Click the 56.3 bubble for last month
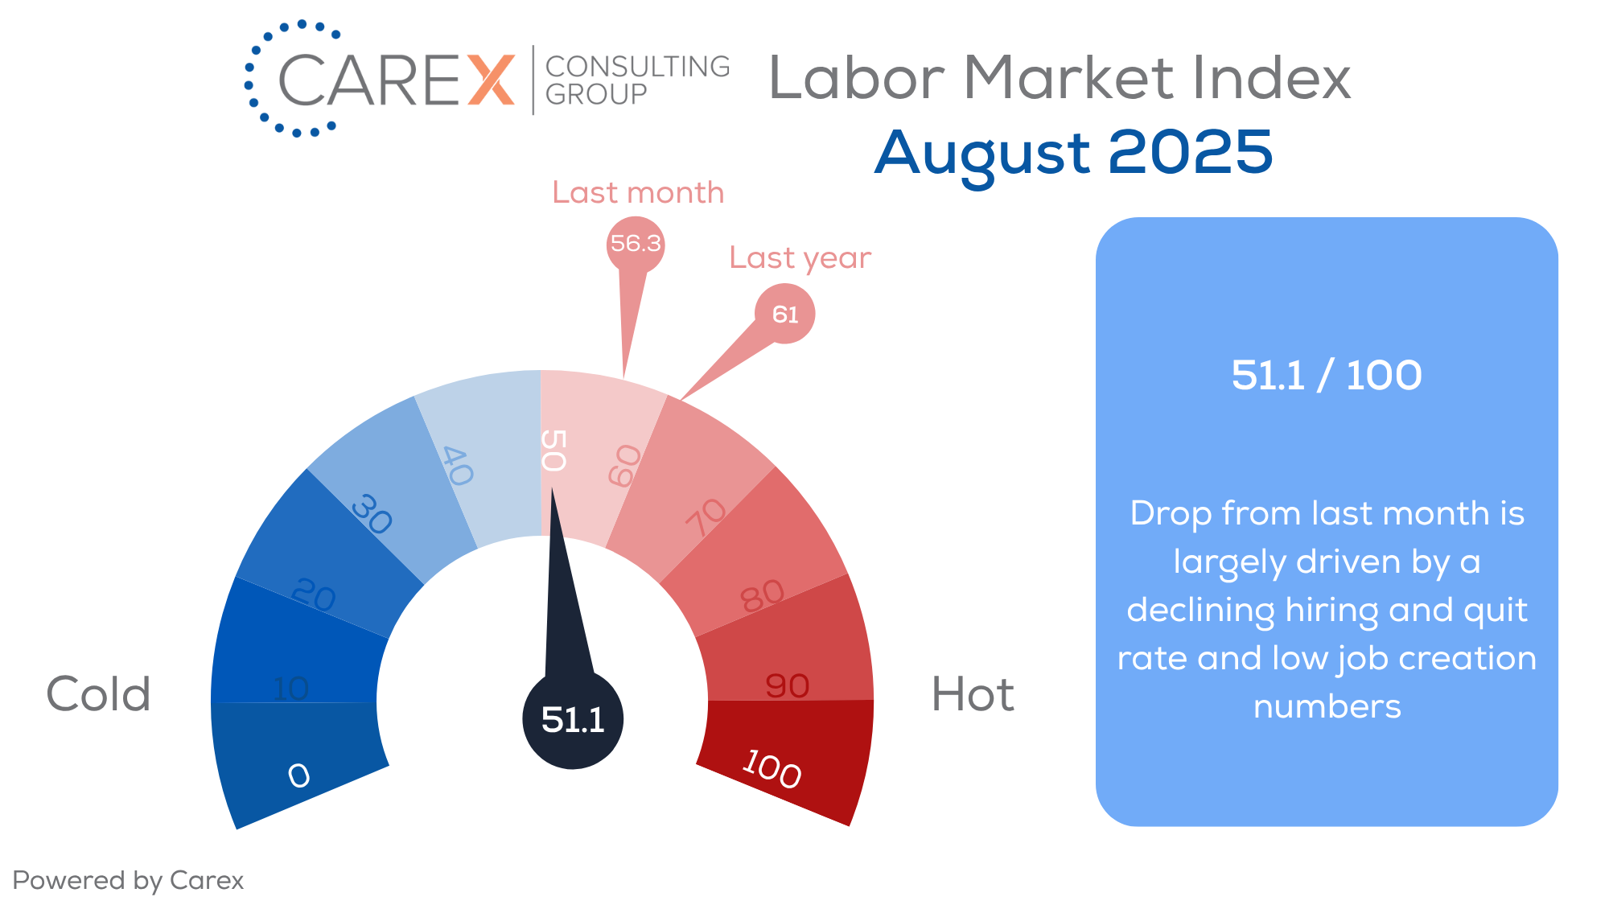point(636,244)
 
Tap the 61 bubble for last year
point(785,314)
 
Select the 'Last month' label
point(638,193)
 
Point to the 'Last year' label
point(800,258)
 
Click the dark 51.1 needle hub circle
point(573,719)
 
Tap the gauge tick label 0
point(298,775)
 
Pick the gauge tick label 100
point(772,768)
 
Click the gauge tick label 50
point(553,450)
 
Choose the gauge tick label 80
point(762,596)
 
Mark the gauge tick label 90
point(788,686)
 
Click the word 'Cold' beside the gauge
point(99,693)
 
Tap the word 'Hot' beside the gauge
point(973,693)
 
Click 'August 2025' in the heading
point(1074,153)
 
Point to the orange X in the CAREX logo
point(491,80)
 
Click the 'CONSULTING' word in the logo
point(638,66)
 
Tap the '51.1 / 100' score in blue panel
point(1327,375)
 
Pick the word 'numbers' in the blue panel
point(1327,707)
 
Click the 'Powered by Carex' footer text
point(128,881)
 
